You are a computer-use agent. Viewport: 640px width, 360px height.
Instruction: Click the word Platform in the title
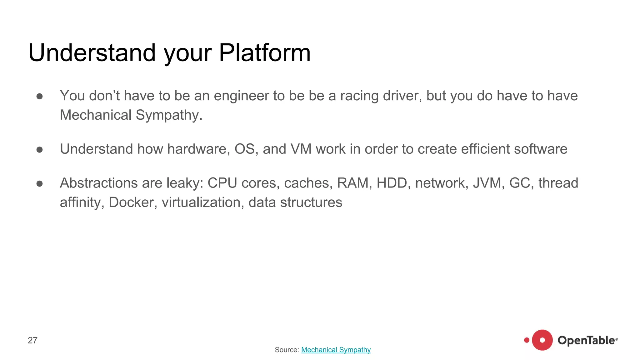[264, 52]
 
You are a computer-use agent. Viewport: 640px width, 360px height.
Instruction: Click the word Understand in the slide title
[92, 52]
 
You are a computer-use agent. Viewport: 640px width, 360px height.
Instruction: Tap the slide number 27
[32, 340]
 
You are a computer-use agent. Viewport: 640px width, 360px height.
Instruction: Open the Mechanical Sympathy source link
[336, 350]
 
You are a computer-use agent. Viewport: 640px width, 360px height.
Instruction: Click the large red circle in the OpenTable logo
[542, 340]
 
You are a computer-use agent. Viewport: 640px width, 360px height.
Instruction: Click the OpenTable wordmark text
[586, 340]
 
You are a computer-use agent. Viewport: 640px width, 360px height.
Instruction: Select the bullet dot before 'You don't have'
[39, 96]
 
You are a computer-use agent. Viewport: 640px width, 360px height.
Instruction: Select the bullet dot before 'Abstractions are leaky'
[39, 183]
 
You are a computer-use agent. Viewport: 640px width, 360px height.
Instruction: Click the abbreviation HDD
[392, 183]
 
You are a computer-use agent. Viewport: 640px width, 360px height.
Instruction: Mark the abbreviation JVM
[487, 183]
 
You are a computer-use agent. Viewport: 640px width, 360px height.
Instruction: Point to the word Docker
[131, 202]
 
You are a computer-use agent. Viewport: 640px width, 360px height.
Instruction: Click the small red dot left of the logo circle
[527, 340]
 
